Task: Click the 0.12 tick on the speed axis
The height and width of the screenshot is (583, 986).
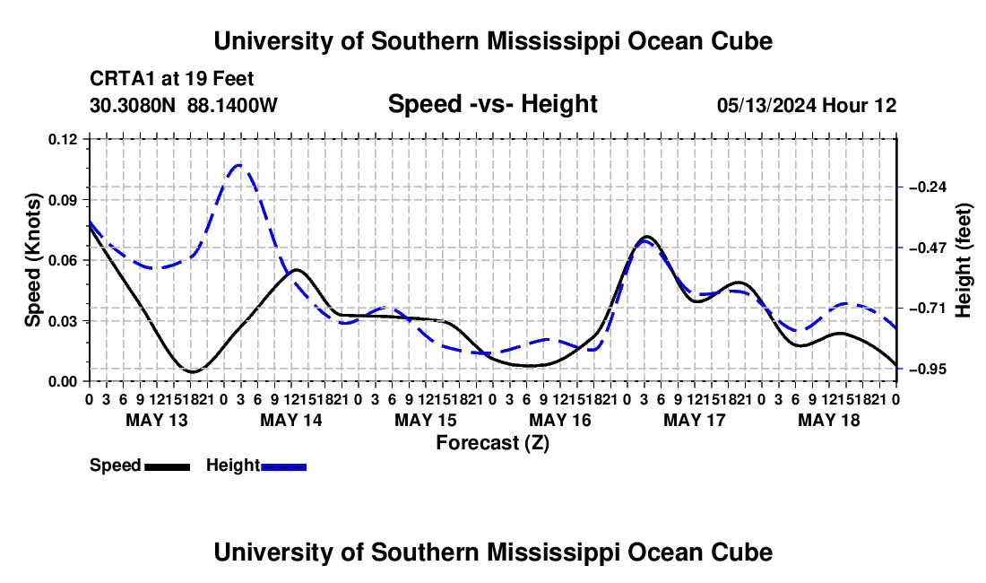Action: point(62,139)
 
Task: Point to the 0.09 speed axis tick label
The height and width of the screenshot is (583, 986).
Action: point(62,200)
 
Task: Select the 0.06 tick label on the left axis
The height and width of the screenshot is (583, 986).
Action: point(62,260)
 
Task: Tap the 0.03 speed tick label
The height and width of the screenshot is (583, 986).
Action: point(62,321)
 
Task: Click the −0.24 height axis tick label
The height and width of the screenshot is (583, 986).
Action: point(928,187)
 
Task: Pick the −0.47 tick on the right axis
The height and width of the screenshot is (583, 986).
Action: point(928,248)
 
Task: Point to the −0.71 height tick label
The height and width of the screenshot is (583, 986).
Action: point(928,309)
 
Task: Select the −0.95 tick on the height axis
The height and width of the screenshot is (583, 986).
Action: point(928,370)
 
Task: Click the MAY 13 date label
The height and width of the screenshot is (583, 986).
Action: point(157,420)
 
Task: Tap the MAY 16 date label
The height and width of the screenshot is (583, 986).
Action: point(560,420)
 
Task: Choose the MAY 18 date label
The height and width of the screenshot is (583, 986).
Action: point(829,420)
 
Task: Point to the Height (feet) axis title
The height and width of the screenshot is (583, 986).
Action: point(963,260)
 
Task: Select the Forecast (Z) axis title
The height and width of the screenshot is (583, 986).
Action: point(493,443)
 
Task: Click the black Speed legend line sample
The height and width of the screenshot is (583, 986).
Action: point(168,467)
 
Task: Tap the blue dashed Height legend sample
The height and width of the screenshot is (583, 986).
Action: point(283,467)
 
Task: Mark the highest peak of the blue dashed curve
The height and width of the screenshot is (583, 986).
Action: point(239,165)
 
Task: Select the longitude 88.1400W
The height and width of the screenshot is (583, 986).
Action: point(232,105)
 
